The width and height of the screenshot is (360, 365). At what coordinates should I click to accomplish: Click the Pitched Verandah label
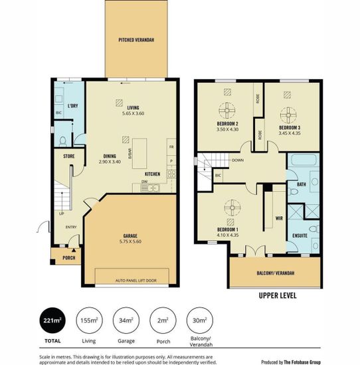point(136,40)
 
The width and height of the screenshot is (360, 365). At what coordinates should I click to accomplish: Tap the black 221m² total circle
point(52,321)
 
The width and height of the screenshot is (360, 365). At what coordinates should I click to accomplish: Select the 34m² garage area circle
point(126,321)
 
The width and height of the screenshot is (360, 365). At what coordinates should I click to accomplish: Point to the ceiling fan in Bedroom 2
point(227,111)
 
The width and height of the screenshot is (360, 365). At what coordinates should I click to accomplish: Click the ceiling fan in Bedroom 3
point(288,115)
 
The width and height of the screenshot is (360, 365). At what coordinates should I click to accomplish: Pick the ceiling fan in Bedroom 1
point(232,208)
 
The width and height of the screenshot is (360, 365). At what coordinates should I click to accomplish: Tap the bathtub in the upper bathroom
point(304,160)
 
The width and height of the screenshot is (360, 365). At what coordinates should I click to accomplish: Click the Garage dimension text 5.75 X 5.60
point(130,242)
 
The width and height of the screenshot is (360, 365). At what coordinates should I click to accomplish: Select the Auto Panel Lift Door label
point(136,281)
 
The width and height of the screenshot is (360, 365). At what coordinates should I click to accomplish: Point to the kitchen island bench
point(139,154)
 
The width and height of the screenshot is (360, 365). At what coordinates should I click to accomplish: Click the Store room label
point(69,156)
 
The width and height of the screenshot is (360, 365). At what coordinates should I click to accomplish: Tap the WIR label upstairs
point(279,218)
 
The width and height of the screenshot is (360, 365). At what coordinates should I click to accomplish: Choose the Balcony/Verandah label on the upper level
point(276,273)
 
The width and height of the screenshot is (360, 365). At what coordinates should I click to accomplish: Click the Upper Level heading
point(278,295)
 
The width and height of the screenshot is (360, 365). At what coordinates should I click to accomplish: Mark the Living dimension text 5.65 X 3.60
point(133,113)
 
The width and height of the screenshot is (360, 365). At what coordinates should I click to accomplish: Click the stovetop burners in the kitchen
point(171,173)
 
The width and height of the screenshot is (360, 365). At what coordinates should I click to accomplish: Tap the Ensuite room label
point(300,236)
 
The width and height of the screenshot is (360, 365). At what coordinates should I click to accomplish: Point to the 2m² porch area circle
point(163,321)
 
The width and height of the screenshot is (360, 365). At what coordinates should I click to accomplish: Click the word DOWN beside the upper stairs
point(238,160)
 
